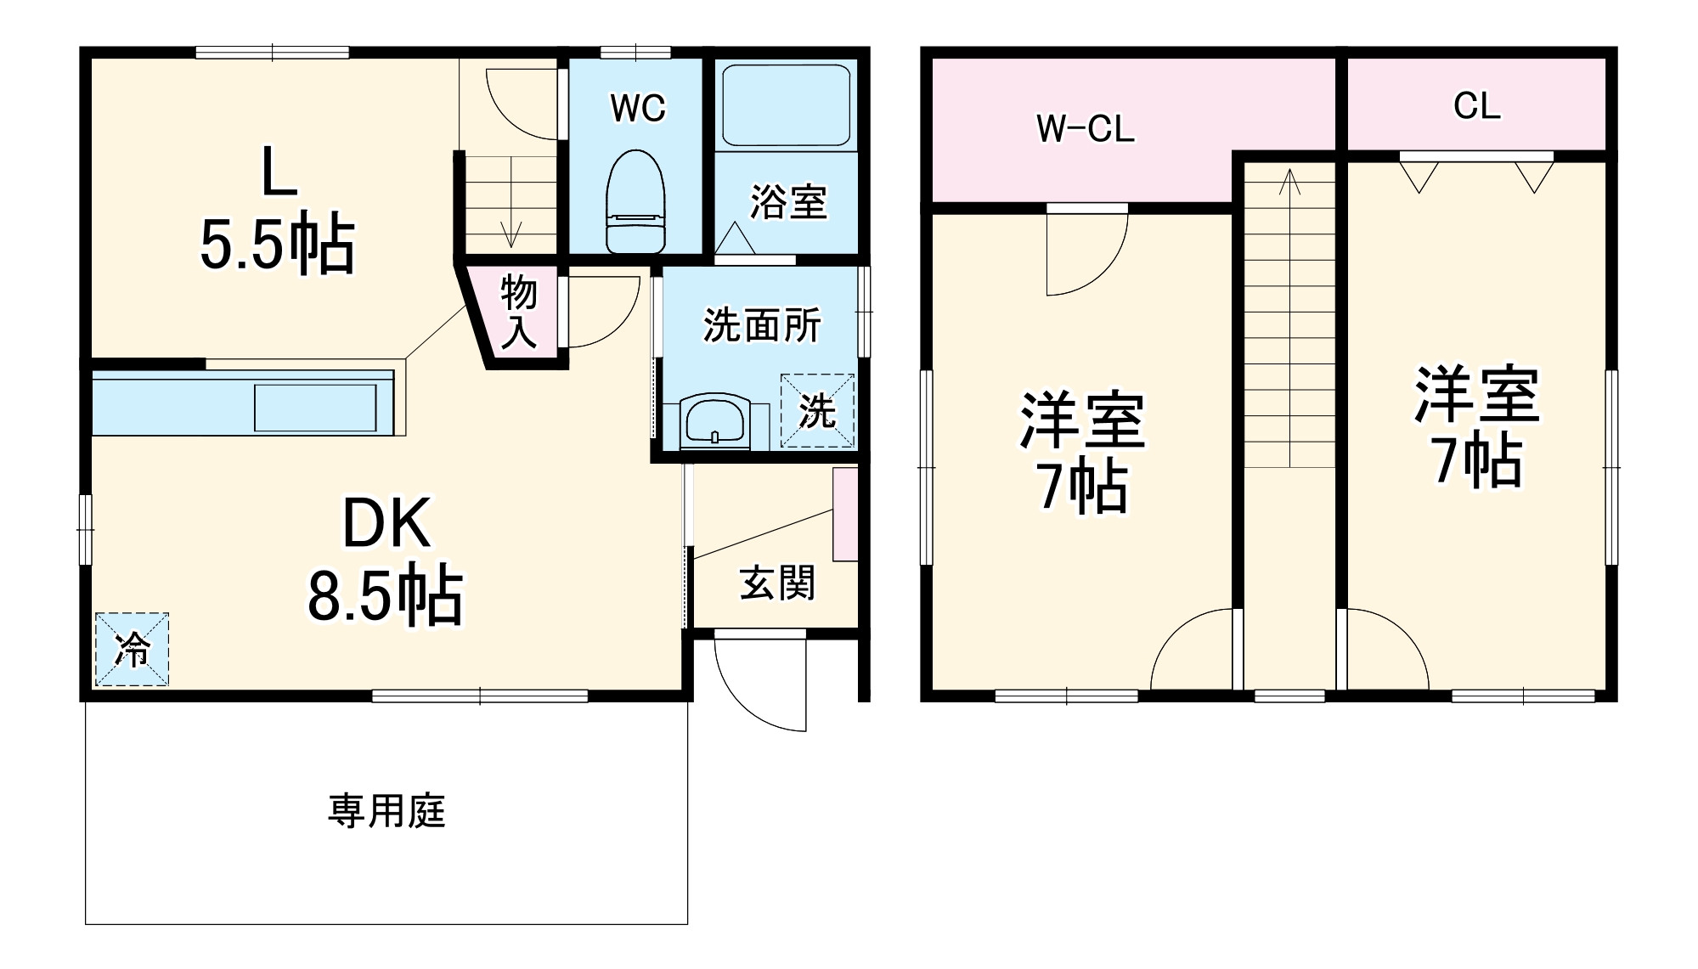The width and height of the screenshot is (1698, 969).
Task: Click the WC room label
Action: click(x=638, y=108)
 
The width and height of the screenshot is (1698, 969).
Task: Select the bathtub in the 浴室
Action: click(x=786, y=105)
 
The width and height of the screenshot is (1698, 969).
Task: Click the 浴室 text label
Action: click(x=788, y=202)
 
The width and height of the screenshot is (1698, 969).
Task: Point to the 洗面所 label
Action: click(x=762, y=324)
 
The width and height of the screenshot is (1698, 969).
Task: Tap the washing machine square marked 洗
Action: click(x=817, y=411)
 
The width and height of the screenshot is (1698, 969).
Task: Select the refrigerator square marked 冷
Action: click(x=132, y=649)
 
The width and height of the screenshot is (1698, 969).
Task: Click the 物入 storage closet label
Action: click(x=518, y=312)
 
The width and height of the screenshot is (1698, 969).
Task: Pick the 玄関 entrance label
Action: click(x=777, y=583)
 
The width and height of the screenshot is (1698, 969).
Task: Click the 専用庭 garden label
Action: click(x=386, y=811)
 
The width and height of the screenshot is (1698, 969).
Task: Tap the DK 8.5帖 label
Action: click(x=386, y=561)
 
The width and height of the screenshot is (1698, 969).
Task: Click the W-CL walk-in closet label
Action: click(x=1085, y=129)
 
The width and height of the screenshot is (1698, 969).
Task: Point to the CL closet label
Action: click(x=1476, y=106)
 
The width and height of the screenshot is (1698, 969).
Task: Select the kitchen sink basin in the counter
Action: click(x=315, y=408)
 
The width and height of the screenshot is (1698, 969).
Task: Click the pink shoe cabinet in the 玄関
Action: click(x=845, y=514)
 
